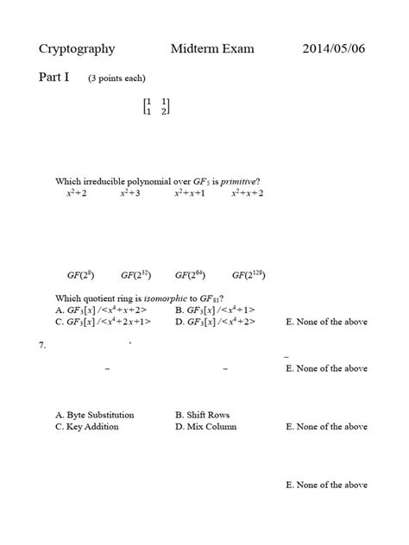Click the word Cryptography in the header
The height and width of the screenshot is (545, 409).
tap(77, 49)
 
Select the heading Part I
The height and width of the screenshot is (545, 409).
tap(56, 78)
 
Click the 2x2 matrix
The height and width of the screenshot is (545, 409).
tap(156, 106)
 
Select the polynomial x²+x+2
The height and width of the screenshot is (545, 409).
tap(247, 193)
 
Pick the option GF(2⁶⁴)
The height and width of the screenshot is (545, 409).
tap(192, 275)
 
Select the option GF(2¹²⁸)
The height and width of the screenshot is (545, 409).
tap(248, 275)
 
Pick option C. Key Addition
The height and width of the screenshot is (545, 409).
tap(86, 426)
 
